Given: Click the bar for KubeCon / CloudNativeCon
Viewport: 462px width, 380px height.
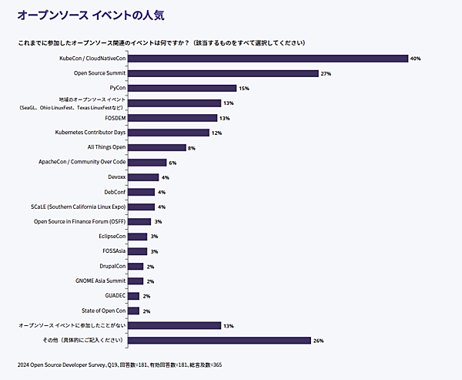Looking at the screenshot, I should tap(267, 59).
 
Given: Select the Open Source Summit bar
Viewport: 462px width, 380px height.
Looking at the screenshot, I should tap(223, 73).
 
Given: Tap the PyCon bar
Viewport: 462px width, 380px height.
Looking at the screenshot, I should tap(182, 88).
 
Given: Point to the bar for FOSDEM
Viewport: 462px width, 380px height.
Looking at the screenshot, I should tap(172, 118).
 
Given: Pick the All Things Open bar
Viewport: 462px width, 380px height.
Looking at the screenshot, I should tap(156, 147).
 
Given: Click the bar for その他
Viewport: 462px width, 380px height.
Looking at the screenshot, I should tap(219, 340).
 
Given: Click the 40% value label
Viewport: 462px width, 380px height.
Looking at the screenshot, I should tap(415, 59).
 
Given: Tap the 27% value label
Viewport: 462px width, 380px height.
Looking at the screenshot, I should tap(326, 73).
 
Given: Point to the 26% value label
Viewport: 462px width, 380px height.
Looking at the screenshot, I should tap(319, 340).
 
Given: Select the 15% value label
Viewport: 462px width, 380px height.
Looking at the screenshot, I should tap(244, 89).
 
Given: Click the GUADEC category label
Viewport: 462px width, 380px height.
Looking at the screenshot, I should tap(114, 296).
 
